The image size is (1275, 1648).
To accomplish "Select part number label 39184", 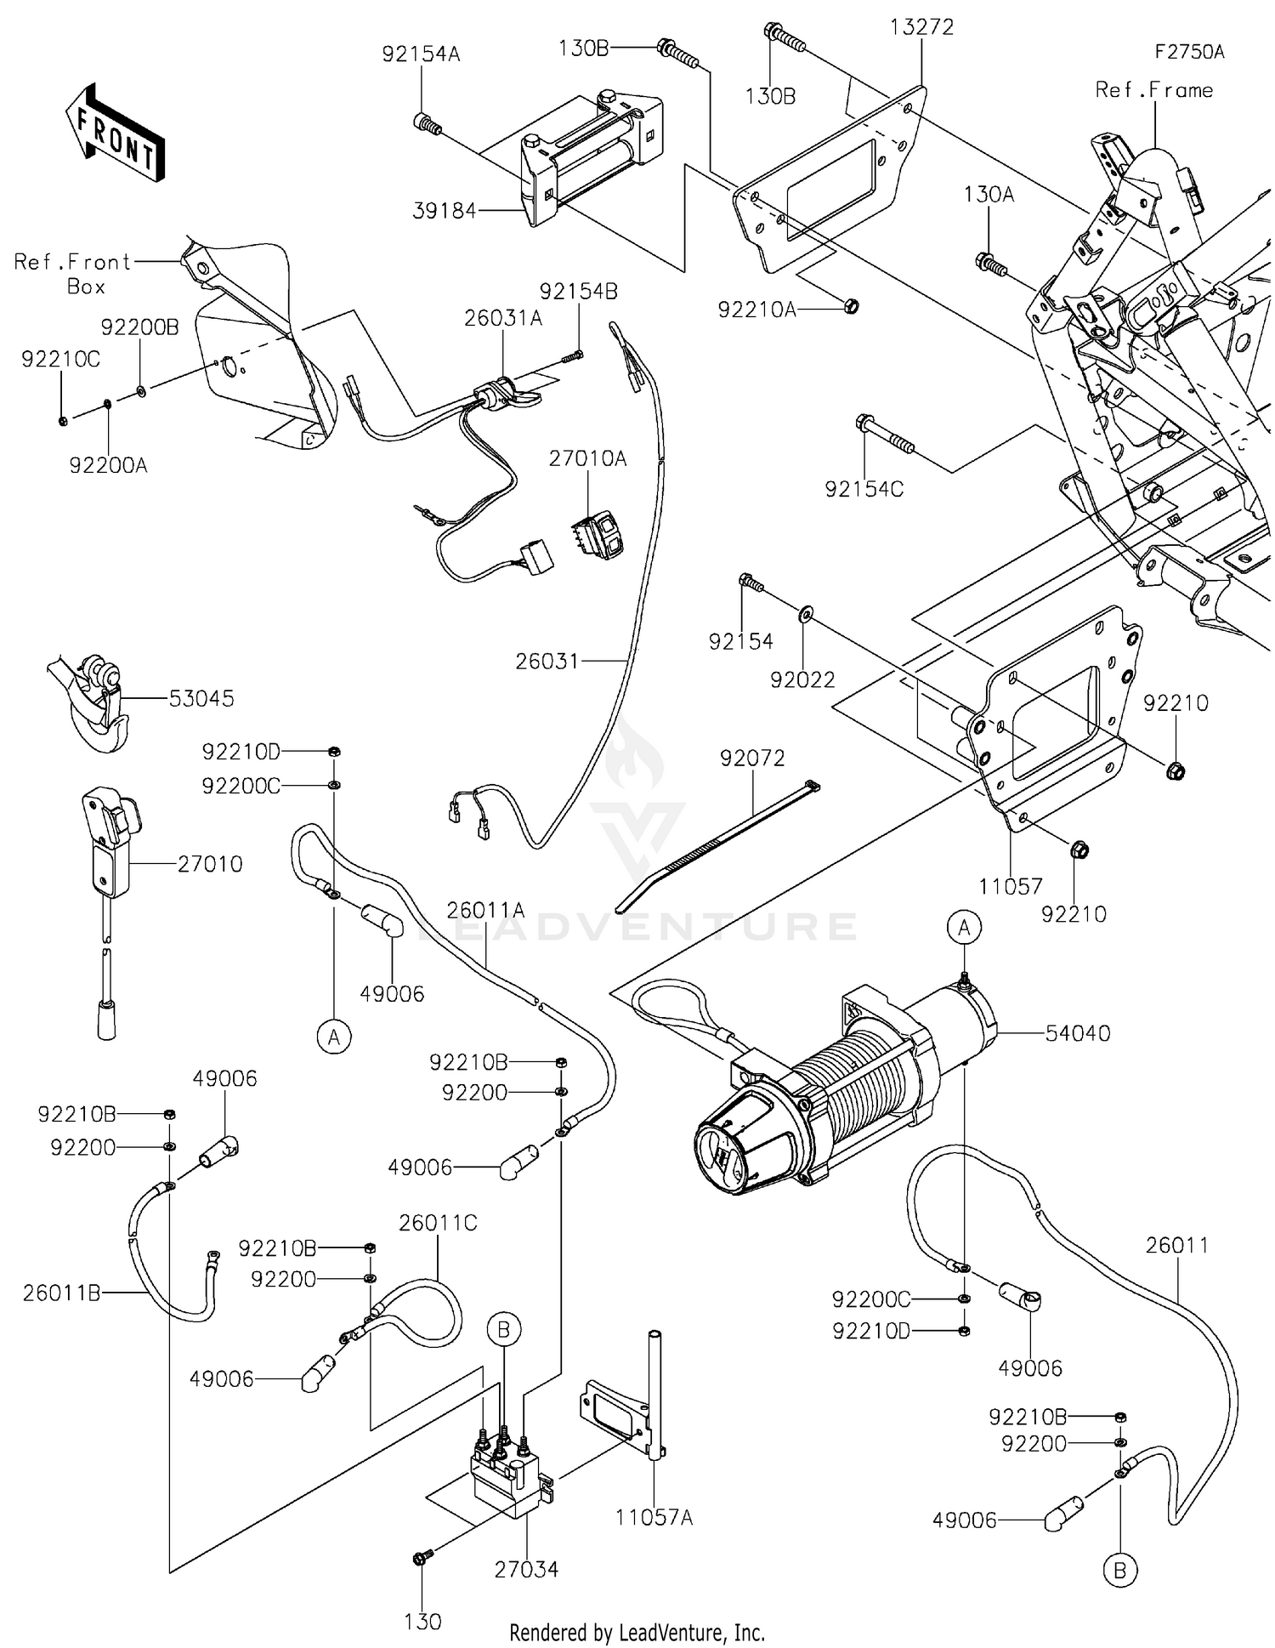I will (444, 211).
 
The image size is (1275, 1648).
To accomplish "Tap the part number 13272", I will (921, 27).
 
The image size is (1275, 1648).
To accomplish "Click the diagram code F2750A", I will (1189, 52).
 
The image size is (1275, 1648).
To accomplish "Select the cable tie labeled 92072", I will (718, 842).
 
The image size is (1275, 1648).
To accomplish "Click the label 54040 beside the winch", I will (1077, 1033).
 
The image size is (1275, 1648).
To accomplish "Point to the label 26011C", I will (438, 1223).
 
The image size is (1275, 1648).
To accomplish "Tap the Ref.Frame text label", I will (1153, 90).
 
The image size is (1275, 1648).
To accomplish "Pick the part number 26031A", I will (502, 318).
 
